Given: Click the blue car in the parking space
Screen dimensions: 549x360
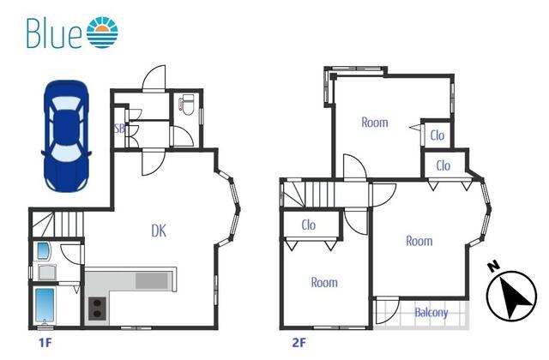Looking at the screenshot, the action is point(66,136).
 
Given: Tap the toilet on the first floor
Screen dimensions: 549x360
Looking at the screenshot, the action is point(185,105).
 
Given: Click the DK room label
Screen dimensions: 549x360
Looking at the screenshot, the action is point(159,231).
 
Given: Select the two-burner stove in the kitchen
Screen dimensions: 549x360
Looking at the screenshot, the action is point(97,309).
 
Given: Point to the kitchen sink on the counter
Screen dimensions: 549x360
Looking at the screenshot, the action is point(152,280).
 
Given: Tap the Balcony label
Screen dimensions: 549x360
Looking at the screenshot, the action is point(431,312).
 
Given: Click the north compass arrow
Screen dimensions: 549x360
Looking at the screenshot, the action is point(511,297).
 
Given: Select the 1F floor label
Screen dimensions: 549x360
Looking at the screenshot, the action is point(45,343).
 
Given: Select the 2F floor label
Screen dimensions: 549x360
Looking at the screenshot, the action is point(299,343).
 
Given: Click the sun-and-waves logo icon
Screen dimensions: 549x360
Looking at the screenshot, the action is point(102,33).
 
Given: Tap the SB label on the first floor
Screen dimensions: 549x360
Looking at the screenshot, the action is point(119,129).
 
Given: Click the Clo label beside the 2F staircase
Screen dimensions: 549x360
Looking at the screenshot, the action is point(309,225).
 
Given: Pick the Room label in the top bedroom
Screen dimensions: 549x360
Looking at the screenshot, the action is point(375,123).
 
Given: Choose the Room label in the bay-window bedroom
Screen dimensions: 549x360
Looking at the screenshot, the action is point(419,241).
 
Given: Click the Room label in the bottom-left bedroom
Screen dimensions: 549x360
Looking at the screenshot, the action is point(324,282).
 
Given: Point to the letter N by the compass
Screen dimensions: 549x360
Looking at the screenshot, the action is point(494,267).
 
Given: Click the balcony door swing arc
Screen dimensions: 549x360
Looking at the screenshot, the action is point(392,308).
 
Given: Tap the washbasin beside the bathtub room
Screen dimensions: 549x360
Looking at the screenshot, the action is point(47,273).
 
